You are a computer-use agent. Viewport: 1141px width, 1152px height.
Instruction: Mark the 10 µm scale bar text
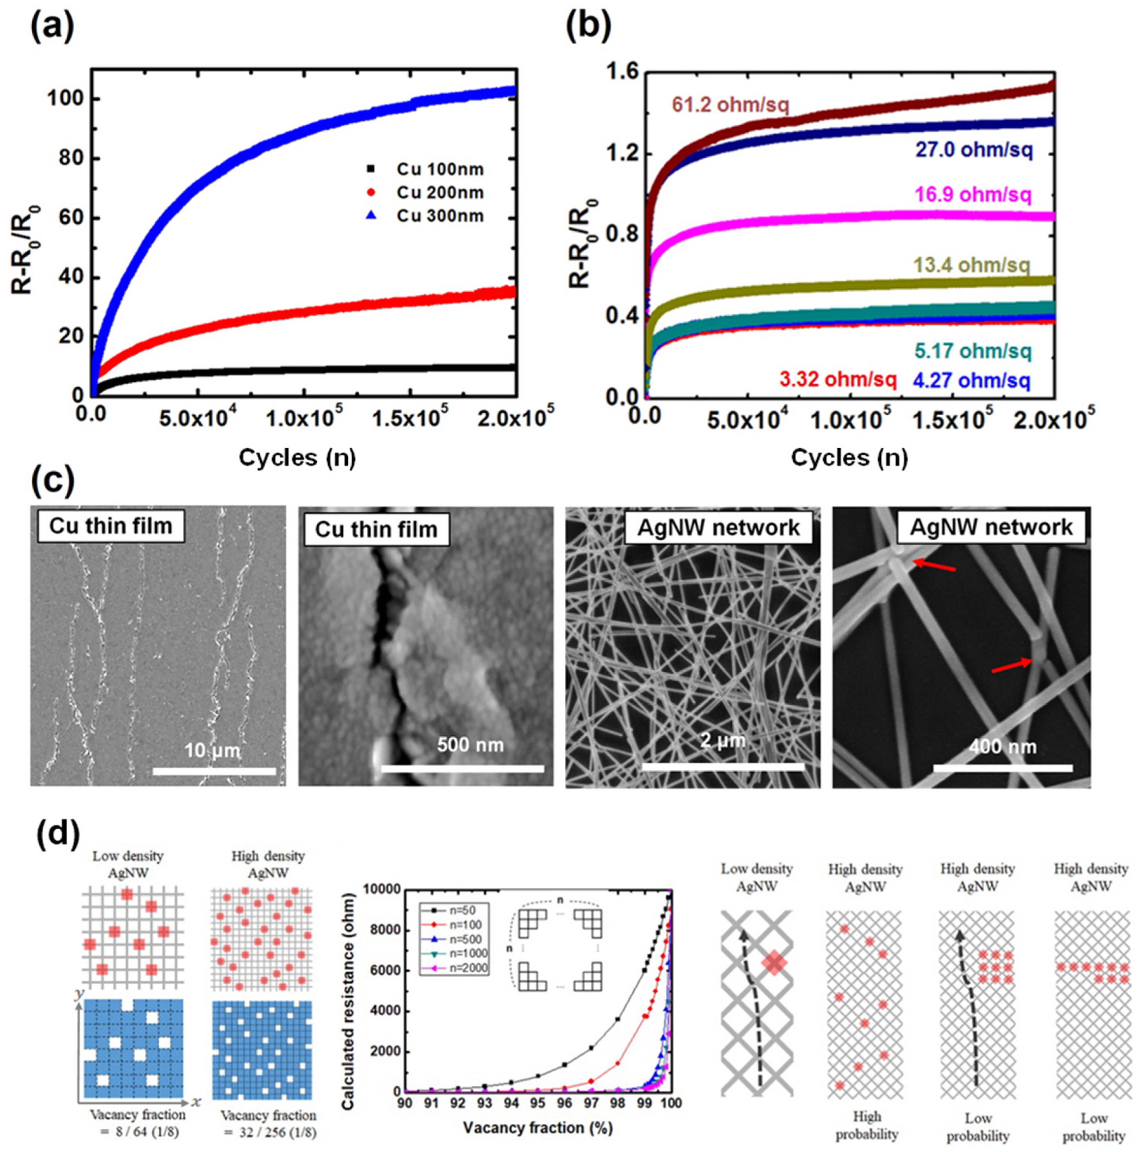212,750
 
